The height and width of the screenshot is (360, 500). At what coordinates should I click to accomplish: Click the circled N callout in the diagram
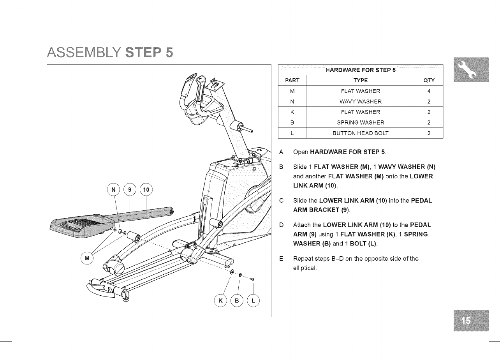[x=114, y=190]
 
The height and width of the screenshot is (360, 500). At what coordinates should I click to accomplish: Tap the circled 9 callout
[x=130, y=190]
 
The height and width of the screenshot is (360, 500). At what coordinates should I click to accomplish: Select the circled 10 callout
[x=146, y=190]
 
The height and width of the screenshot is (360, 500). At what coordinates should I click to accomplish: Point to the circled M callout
[x=87, y=258]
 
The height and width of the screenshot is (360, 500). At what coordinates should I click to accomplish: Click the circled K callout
[x=222, y=300]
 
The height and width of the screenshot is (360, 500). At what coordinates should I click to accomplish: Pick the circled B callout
[x=237, y=300]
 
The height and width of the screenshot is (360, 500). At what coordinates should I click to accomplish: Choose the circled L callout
[x=254, y=300]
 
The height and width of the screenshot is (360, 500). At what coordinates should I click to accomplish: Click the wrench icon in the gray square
[x=470, y=69]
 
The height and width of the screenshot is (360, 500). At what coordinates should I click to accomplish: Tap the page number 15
[x=470, y=320]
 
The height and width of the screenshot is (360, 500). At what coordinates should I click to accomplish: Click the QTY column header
[x=428, y=81]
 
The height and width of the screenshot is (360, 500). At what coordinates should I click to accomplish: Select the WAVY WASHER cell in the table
[x=360, y=102]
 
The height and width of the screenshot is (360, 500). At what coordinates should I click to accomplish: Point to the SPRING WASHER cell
[x=360, y=123]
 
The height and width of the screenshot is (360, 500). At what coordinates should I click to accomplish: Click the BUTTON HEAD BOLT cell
[x=360, y=133]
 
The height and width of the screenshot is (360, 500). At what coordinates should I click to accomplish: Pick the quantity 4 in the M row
[x=428, y=91]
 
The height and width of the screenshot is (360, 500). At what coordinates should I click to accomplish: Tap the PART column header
[x=292, y=81]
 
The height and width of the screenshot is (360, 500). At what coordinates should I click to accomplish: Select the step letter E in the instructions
[x=281, y=259]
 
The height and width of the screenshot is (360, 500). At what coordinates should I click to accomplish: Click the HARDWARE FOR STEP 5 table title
[x=360, y=70]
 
